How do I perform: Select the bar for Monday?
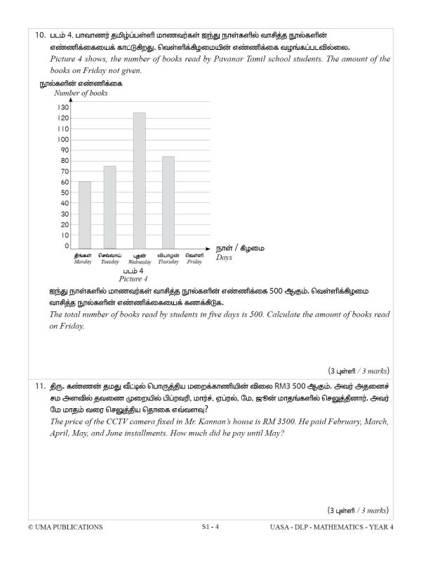(x=84, y=214)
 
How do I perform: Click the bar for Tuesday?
(x=110, y=206)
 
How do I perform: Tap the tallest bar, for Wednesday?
(x=139, y=179)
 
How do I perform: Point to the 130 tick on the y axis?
(x=63, y=107)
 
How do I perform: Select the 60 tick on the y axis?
(x=65, y=182)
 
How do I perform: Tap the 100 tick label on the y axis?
(x=63, y=139)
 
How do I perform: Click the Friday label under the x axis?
(x=194, y=258)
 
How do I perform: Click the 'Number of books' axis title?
(x=81, y=93)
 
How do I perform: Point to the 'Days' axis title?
(x=225, y=258)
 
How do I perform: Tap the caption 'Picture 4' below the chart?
(x=133, y=278)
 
